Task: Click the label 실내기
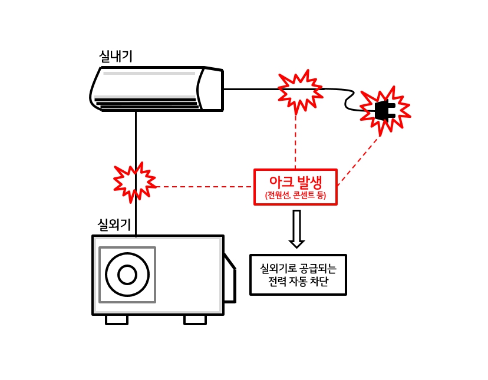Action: point(116,57)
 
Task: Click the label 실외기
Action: point(114,224)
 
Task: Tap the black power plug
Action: point(384,110)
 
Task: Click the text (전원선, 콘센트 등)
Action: point(295,196)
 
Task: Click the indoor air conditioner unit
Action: point(156,89)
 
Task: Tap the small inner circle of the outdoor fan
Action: point(127,275)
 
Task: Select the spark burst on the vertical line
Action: point(135,183)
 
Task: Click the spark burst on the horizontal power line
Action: point(300,91)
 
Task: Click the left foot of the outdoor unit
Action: point(117,319)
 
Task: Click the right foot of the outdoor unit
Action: point(195,319)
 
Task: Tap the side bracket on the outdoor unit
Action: point(229,280)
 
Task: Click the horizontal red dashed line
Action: point(203,187)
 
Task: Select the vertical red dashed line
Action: point(295,141)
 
